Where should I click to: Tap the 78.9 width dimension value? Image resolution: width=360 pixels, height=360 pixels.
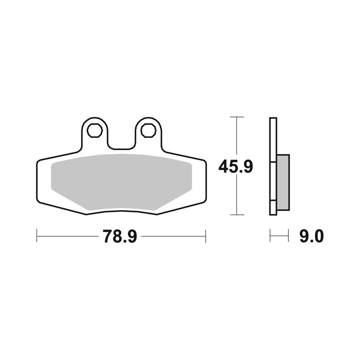pyautogui.click(x=120, y=237)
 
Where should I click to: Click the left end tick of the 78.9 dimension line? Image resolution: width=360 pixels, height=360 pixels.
pyautogui.click(x=37, y=237)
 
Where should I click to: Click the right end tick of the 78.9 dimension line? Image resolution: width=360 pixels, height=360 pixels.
pyautogui.click(x=205, y=237)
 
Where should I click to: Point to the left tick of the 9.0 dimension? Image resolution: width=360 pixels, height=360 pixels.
pyautogui.click(x=270, y=237)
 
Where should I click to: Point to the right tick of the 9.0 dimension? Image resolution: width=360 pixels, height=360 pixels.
pyautogui.click(x=289, y=237)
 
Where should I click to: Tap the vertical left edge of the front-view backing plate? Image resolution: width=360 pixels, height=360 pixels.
pyautogui.click(x=37, y=180)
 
